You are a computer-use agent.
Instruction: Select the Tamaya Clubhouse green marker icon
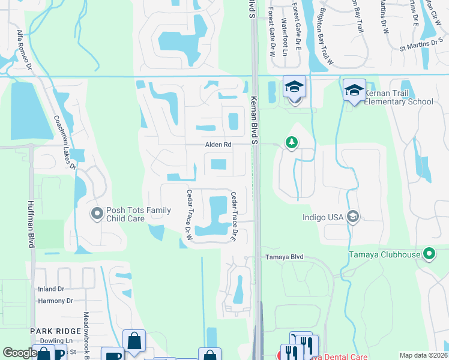pos(429,254)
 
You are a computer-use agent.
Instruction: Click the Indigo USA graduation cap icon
pos(354,216)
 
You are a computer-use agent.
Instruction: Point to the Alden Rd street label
pos(218,145)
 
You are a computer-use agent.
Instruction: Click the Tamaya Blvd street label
pos(285,257)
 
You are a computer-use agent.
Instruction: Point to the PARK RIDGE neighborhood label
pos(56,331)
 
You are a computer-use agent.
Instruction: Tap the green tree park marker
pos(292,142)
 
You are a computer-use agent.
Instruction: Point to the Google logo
pos(20,353)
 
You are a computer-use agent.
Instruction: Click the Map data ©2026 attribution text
pos(423,355)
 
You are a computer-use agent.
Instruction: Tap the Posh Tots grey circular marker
pos(97,213)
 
